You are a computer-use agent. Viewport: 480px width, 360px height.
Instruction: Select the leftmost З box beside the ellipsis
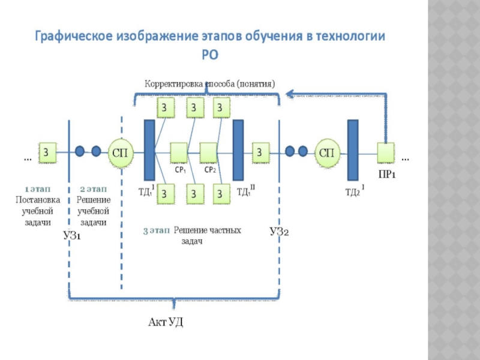(x=47, y=152)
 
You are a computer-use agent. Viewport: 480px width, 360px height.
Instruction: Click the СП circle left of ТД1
(x=119, y=152)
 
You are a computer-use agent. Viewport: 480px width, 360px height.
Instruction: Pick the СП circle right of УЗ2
(x=326, y=152)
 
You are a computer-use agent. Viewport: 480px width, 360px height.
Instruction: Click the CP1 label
(x=180, y=170)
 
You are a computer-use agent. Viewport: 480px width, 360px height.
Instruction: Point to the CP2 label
(x=209, y=170)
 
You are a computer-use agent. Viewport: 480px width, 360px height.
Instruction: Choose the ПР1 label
(x=386, y=175)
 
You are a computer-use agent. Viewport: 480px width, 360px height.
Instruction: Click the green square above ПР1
(x=386, y=152)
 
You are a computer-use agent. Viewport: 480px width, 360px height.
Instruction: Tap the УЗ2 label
(x=279, y=231)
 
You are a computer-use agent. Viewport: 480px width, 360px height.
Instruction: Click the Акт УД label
(x=166, y=322)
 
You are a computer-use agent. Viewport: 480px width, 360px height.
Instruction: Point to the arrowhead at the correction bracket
(x=289, y=93)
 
